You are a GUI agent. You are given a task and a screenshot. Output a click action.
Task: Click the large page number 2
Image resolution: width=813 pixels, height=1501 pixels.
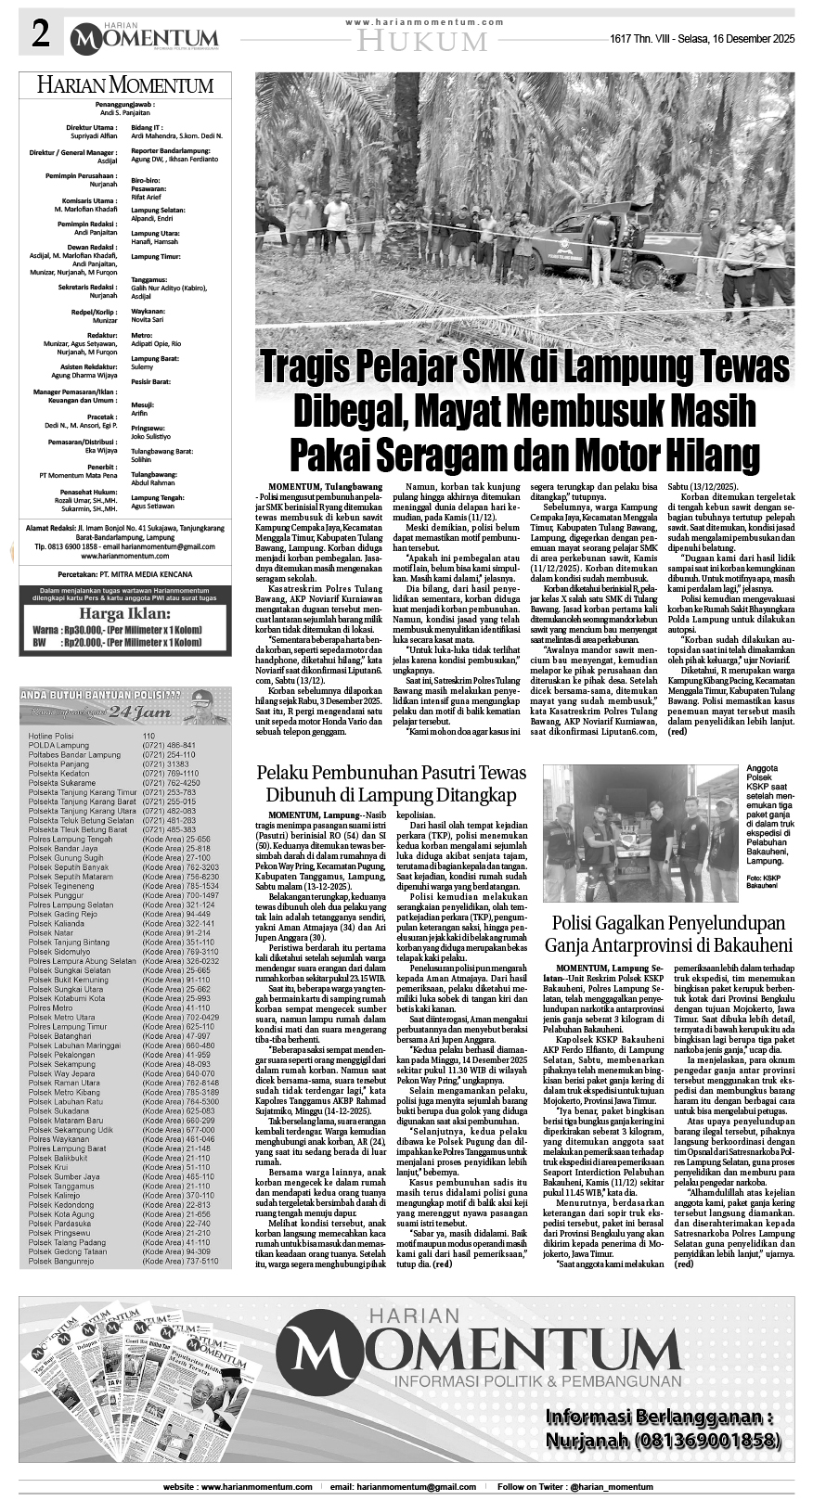[40, 36]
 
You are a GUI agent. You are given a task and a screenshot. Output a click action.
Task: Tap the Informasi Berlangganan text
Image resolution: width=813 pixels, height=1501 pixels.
[659, 1418]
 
